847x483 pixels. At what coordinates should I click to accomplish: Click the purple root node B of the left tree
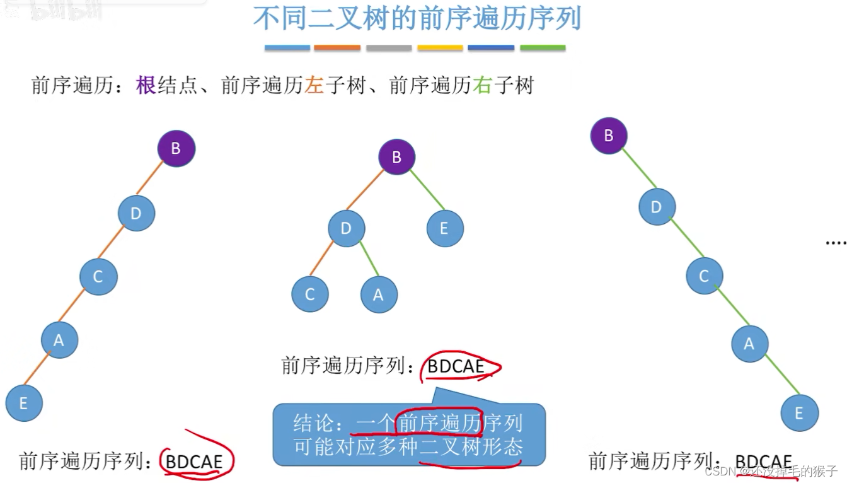point(176,149)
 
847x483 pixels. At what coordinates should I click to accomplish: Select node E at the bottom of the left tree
point(24,404)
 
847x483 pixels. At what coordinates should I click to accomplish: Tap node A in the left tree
point(59,340)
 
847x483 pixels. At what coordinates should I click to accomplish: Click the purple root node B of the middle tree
point(397,157)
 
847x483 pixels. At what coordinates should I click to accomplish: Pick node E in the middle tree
point(445,228)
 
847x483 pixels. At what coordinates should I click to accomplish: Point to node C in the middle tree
point(310,294)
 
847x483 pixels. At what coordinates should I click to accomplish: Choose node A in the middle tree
point(379,294)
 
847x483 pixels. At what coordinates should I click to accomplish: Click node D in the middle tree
point(346,228)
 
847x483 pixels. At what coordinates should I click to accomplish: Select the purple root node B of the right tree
point(609,136)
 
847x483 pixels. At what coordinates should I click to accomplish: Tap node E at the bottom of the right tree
point(799,413)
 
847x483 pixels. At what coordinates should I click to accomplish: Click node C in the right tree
point(705,276)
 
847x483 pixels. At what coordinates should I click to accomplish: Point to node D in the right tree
point(657,207)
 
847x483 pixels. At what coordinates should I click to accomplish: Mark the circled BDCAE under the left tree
point(194,462)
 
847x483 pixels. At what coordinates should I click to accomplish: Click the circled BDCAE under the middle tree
point(456,366)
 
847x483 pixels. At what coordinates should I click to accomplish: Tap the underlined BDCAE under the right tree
point(764,462)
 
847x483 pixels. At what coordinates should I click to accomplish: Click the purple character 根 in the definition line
point(146,85)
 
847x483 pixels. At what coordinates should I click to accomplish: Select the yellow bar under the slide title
point(440,48)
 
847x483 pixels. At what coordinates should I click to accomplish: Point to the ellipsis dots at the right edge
point(835,242)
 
